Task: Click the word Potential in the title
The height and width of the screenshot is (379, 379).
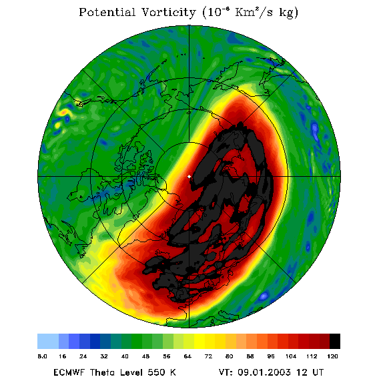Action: tap(107, 12)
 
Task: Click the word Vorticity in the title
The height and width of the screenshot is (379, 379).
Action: tap(168, 12)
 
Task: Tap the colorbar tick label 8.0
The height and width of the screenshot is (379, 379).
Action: tap(42, 356)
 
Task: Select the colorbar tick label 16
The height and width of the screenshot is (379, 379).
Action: tap(62, 356)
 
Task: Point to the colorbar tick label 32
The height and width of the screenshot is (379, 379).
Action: tap(104, 356)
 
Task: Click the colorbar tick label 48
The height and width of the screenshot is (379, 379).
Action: tap(145, 356)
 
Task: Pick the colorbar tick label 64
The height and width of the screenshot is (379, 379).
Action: tap(187, 356)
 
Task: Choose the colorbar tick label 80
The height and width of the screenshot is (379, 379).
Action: tap(229, 356)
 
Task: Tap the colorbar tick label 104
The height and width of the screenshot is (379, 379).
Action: tap(291, 356)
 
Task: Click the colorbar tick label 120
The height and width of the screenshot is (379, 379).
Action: tap(332, 356)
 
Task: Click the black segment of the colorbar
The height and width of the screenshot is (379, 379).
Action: tap(335, 341)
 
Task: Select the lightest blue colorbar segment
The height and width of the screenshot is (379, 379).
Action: tap(48, 341)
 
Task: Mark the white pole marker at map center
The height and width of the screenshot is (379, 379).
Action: tap(189, 177)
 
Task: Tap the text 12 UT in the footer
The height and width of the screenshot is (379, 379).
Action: tap(310, 372)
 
